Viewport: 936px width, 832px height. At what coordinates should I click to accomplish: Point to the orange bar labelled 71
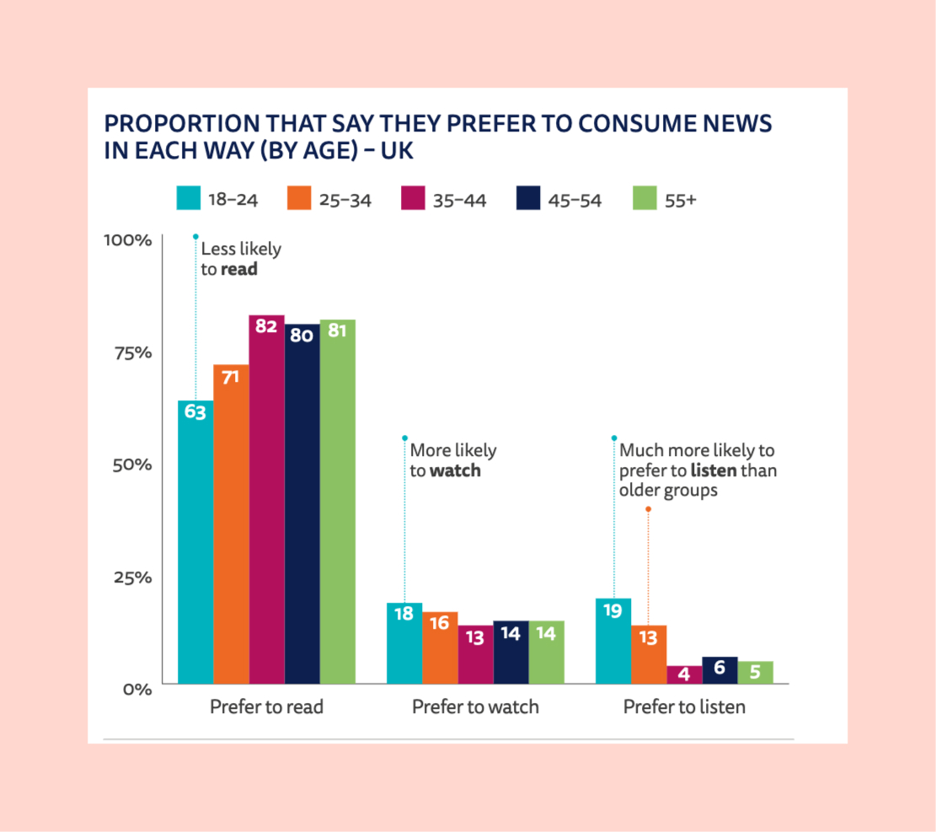tap(231, 523)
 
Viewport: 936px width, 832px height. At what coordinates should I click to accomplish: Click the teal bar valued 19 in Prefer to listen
tap(613, 641)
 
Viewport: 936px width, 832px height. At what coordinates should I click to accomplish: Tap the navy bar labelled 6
tap(719, 670)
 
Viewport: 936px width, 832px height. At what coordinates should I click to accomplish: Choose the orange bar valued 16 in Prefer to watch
tap(440, 647)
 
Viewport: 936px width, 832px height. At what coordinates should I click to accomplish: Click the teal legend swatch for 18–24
tap(188, 200)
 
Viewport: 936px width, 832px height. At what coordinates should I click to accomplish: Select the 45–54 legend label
tap(575, 201)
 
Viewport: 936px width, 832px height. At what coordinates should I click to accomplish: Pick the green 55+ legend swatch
tap(644, 200)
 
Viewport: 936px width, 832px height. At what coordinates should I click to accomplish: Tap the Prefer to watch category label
tap(475, 706)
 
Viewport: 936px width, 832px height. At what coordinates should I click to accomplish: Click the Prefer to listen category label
tap(684, 706)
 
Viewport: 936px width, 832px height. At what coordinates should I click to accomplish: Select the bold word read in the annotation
tap(239, 270)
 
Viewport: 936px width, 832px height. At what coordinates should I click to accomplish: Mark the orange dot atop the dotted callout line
tap(648, 509)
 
